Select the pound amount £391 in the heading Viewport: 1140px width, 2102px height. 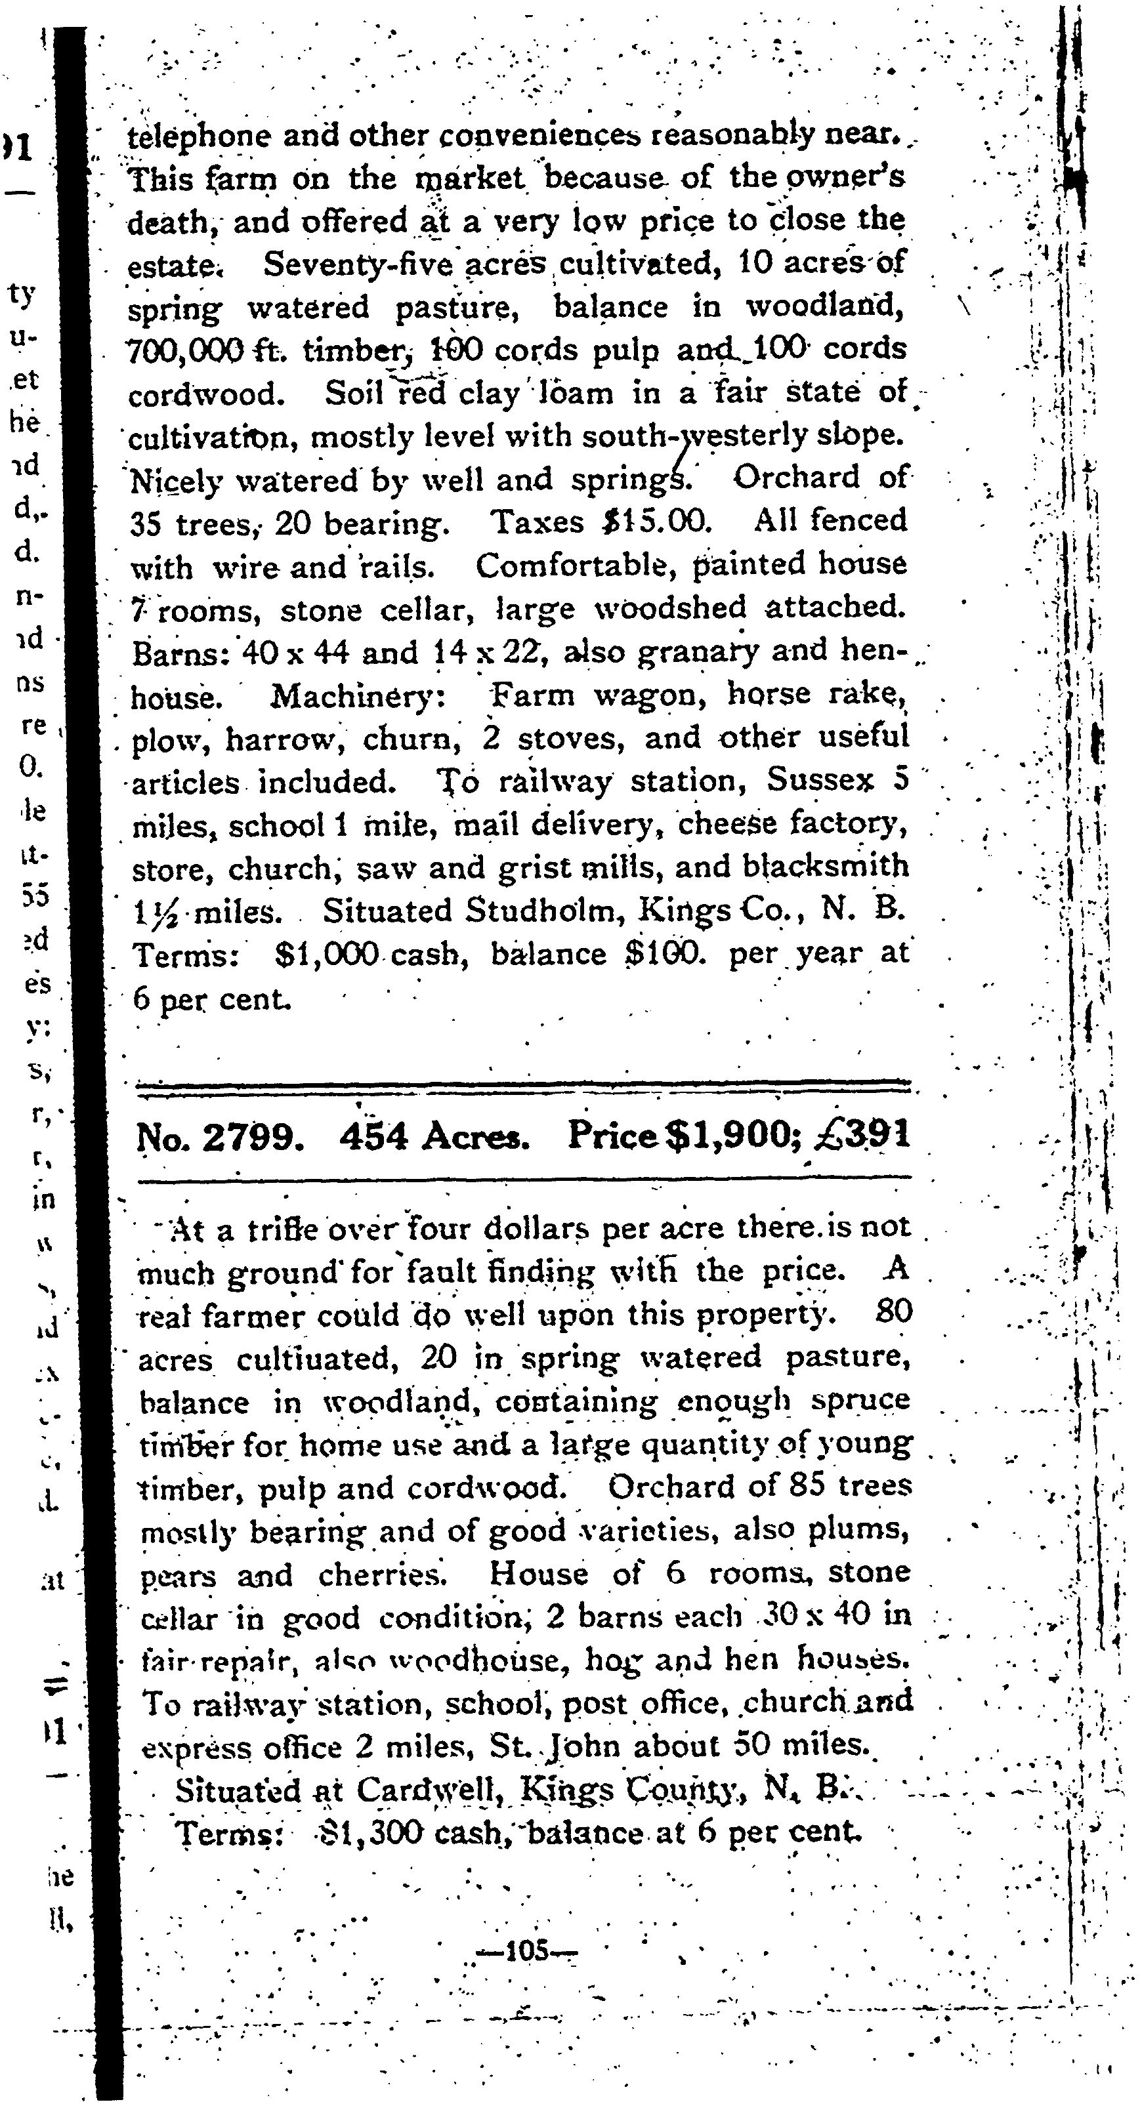860,1136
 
